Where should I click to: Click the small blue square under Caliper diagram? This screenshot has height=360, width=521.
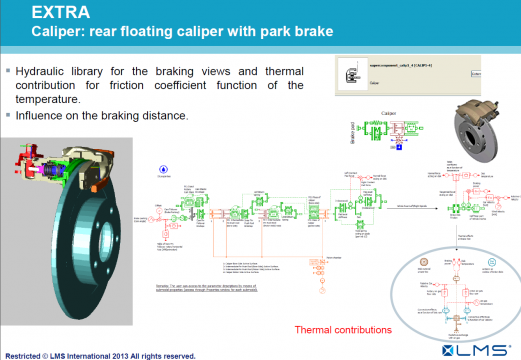[399, 147]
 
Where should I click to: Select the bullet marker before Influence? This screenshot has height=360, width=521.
[8, 115]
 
